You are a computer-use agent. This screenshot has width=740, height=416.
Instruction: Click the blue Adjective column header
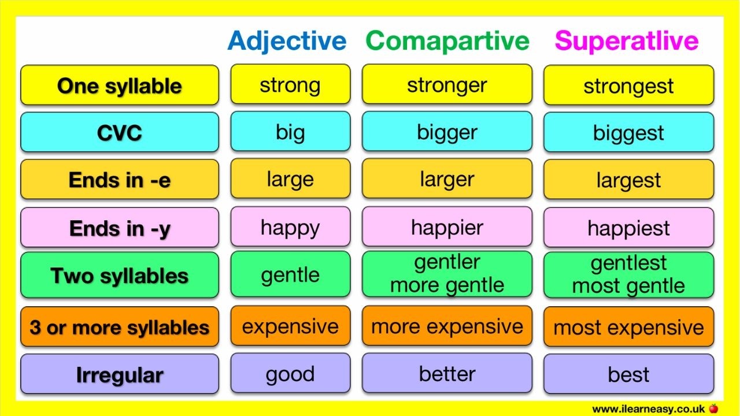pyautogui.click(x=287, y=40)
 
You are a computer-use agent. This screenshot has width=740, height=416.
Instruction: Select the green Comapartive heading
pyautogui.click(x=447, y=40)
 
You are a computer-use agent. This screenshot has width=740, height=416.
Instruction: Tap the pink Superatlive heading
pyautogui.click(x=627, y=40)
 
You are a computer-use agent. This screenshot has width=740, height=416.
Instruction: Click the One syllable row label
pyautogui.click(x=120, y=86)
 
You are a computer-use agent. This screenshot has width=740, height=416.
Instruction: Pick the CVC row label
pyautogui.click(x=120, y=132)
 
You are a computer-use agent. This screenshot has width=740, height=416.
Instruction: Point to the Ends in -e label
pyautogui.click(x=120, y=180)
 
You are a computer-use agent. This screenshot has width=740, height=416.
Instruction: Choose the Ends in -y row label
pyautogui.click(x=120, y=228)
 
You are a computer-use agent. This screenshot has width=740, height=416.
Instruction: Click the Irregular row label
pyautogui.click(x=120, y=374)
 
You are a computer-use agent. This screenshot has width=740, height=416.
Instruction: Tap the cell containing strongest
pyautogui.click(x=628, y=86)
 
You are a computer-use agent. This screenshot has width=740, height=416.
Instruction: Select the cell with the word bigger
pyautogui.click(x=447, y=132)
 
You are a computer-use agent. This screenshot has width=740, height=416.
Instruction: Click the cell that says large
pyautogui.click(x=290, y=179)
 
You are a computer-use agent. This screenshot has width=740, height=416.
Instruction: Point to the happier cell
pyautogui.click(x=447, y=227)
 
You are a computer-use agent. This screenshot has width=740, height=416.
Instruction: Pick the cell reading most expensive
pyautogui.click(x=628, y=327)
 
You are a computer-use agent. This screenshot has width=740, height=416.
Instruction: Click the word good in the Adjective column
pyautogui.click(x=290, y=374)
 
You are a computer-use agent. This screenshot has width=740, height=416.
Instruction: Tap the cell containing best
pyautogui.click(x=628, y=374)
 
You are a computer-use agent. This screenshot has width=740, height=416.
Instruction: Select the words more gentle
pyautogui.click(x=447, y=285)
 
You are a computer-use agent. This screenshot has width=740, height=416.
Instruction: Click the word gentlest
pyautogui.click(x=628, y=263)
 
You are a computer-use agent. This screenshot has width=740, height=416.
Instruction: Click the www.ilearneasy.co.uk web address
pyautogui.click(x=648, y=408)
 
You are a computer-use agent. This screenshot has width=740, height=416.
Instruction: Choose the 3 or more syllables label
pyautogui.click(x=120, y=327)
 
